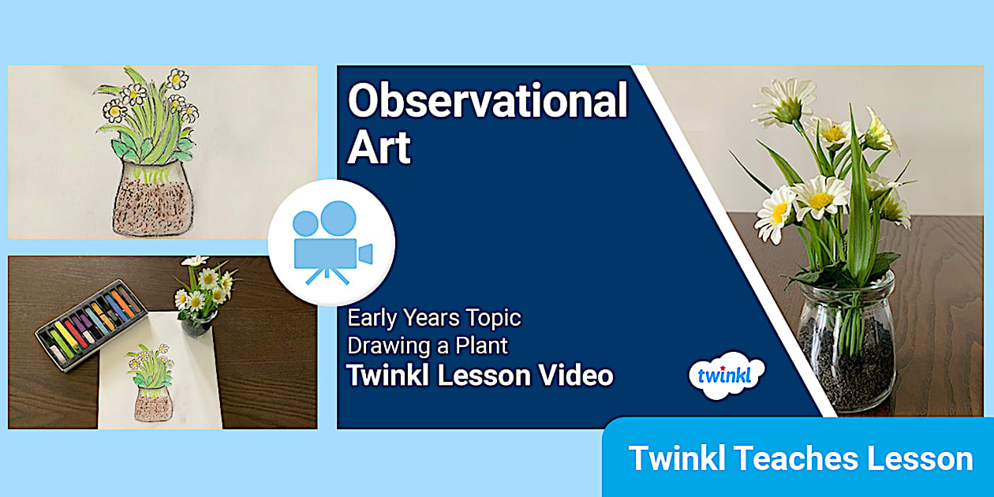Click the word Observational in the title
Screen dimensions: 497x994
(488, 102)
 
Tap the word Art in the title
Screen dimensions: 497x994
(379, 148)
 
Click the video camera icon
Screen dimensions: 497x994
(331, 243)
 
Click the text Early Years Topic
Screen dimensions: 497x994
(435, 318)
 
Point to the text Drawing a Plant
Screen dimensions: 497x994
(428, 346)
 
